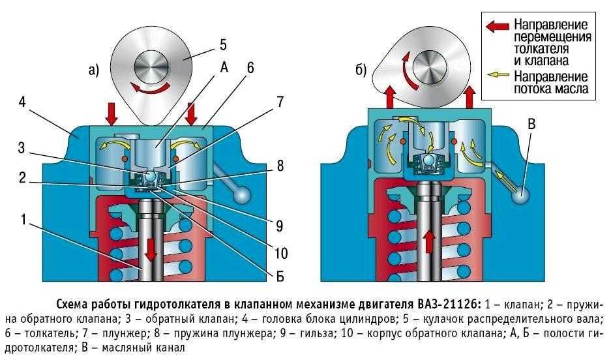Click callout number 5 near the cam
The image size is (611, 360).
click(222, 45)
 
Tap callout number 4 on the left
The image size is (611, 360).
click(23, 102)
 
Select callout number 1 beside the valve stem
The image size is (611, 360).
click(23, 220)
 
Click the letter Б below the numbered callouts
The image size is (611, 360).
click(280, 277)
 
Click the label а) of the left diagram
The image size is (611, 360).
click(93, 71)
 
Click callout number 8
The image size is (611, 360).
click(280, 166)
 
